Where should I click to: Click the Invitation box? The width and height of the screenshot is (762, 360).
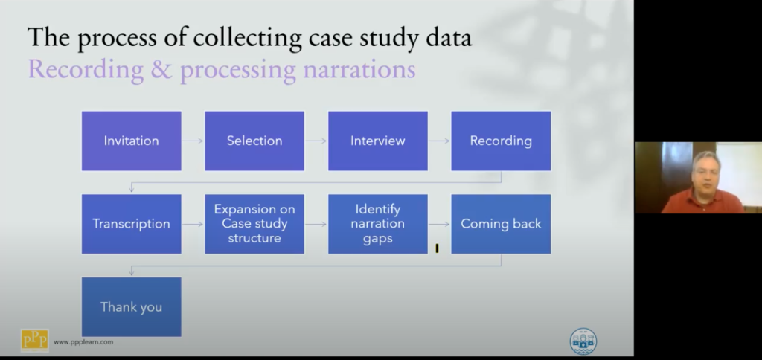pyautogui.click(x=131, y=141)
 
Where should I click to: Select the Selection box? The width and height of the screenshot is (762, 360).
pyautogui.click(x=254, y=141)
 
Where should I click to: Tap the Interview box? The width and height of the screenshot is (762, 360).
pyautogui.click(x=378, y=141)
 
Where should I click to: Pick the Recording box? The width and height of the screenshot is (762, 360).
pyautogui.click(x=501, y=141)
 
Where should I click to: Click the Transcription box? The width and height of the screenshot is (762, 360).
pyautogui.click(x=131, y=224)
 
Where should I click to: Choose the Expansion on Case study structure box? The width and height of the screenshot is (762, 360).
pyautogui.click(x=254, y=224)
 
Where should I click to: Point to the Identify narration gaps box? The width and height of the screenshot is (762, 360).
pyautogui.click(x=378, y=224)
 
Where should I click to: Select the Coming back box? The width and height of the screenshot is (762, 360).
pyautogui.click(x=501, y=224)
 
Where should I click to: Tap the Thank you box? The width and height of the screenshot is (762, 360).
pyautogui.click(x=131, y=307)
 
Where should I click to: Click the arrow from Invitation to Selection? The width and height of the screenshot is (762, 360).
pyautogui.click(x=193, y=141)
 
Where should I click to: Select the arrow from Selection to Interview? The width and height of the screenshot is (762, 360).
pyautogui.click(x=316, y=141)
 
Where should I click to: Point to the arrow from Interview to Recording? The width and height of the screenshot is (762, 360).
pyautogui.click(x=440, y=141)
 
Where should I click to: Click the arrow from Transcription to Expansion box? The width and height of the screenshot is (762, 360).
pyautogui.click(x=193, y=224)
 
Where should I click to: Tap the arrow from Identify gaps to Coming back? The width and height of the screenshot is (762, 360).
pyautogui.click(x=440, y=224)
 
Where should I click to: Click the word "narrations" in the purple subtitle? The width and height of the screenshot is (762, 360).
pyautogui.click(x=354, y=70)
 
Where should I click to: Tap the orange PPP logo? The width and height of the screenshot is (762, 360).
pyautogui.click(x=35, y=340)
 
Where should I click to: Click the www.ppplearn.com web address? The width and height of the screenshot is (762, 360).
pyautogui.click(x=83, y=342)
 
